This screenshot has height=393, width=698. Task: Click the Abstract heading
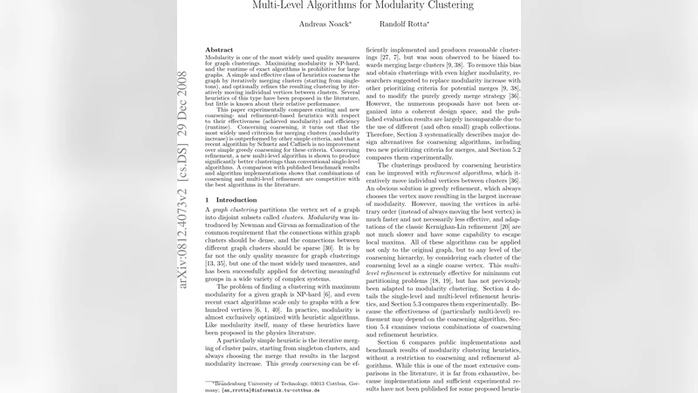tap(218, 51)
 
